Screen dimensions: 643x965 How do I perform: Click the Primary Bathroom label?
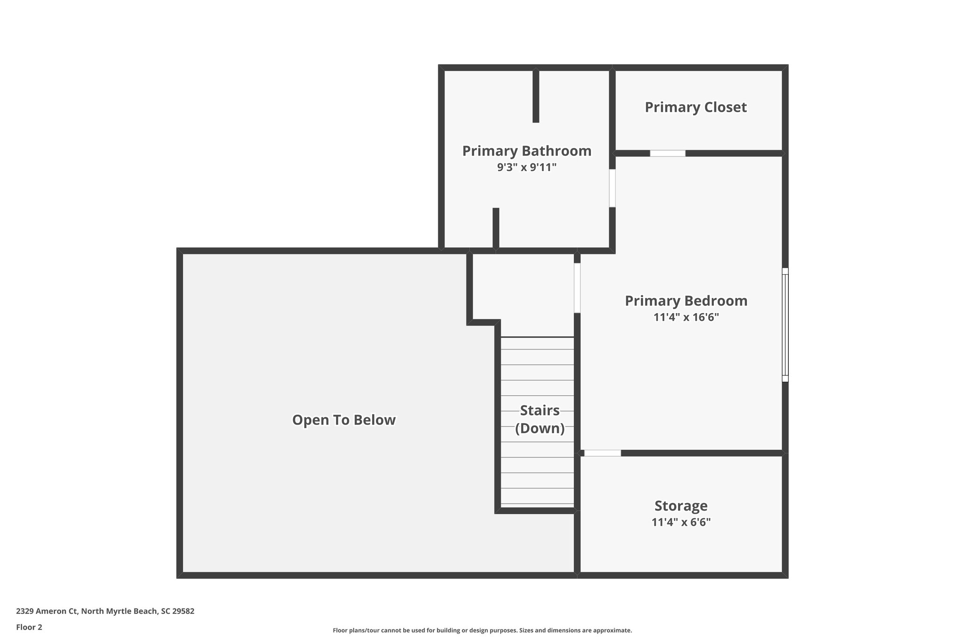click(526, 151)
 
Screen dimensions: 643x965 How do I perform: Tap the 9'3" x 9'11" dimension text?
click(526, 167)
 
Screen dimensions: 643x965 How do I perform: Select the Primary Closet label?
click(695, 107)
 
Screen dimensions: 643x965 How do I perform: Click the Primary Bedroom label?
click(686, 301)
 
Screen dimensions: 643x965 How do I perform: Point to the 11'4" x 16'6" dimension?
click(686, 317)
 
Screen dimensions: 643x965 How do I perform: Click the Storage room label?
click(681, 506)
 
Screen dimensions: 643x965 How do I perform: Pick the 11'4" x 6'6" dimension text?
click(681, 522)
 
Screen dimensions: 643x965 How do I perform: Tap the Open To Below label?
click(344, 420)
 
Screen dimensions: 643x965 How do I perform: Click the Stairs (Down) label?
click(540, 419)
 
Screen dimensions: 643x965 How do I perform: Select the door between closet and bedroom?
click(667, 153)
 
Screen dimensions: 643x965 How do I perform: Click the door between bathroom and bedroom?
click(612, 188)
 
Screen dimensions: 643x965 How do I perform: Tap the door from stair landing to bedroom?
click(577, 288)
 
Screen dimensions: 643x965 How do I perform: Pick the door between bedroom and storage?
click(602, 453)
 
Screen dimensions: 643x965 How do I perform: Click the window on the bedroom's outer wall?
click(785, 325)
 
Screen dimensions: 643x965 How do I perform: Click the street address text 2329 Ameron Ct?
click(105, 611)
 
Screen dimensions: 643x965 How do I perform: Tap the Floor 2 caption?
click(29, 627)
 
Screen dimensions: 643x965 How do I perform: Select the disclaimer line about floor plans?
click(482, 630)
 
